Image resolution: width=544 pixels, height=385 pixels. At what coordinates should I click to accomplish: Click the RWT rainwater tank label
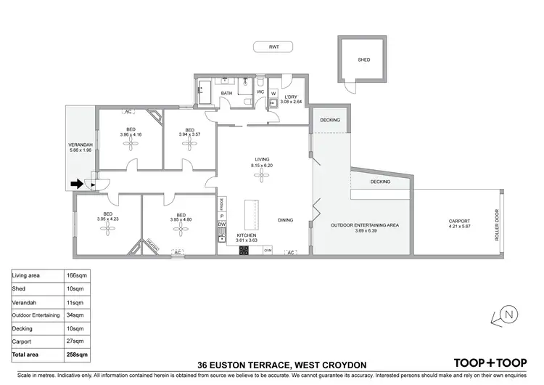274,47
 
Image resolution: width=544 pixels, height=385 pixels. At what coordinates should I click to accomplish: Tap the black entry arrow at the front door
77,184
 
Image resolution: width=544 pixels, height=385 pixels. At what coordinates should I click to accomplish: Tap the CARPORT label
459,222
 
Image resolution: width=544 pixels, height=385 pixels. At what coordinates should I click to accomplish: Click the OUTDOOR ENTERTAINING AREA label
366,225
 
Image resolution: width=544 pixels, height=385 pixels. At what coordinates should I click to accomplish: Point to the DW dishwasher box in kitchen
222,224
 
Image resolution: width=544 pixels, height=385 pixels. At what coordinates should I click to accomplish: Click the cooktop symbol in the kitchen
244,251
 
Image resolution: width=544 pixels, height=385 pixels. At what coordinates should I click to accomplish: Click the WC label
259,93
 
